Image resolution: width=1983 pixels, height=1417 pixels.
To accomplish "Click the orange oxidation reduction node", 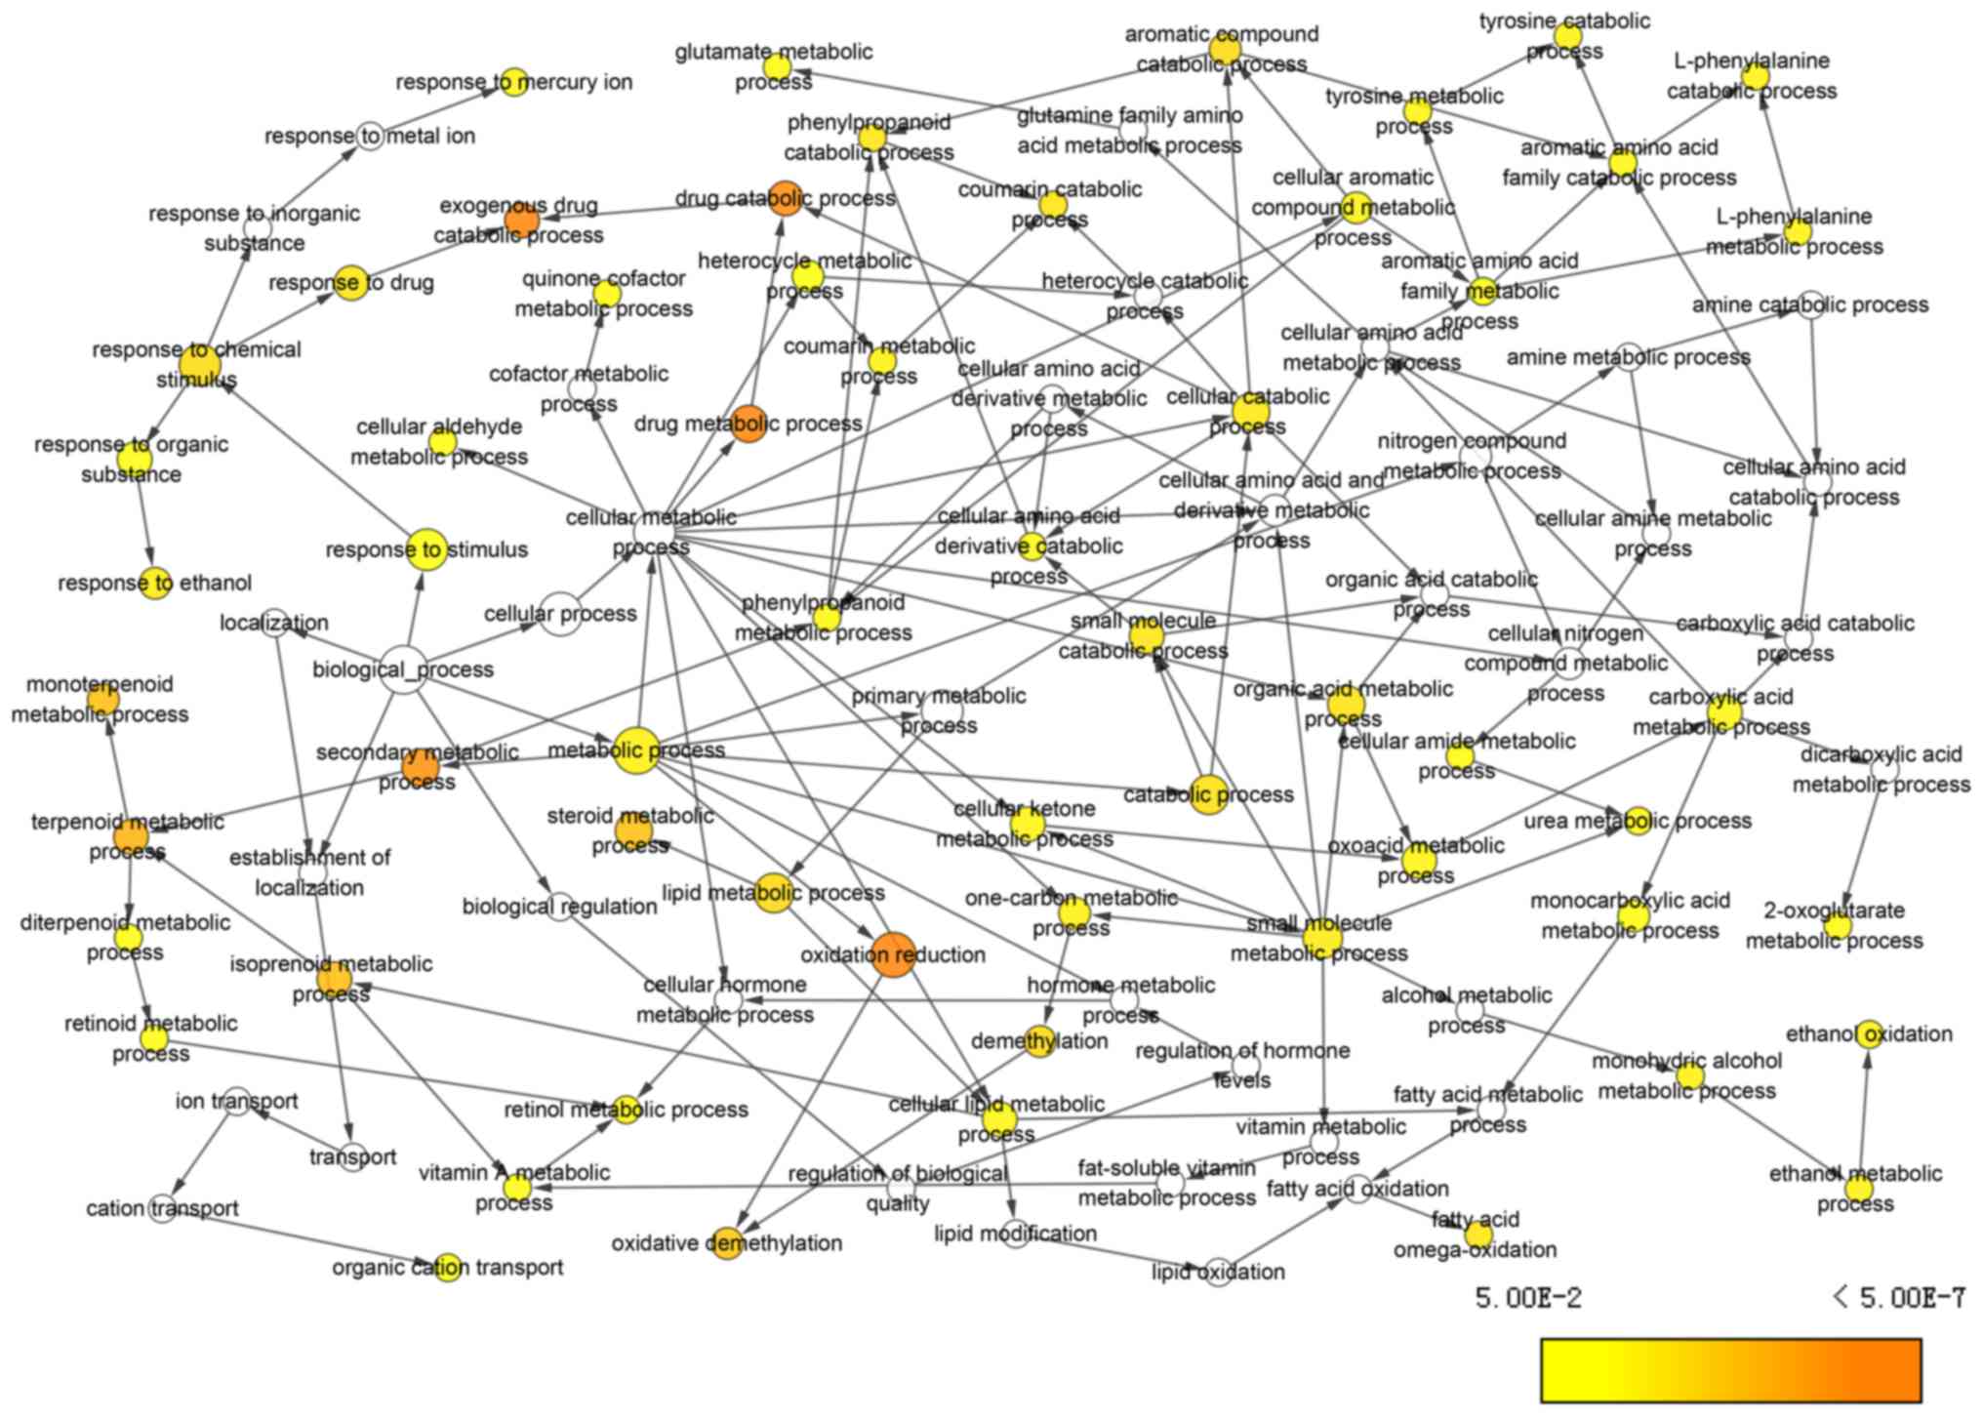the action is [x=892, y=954].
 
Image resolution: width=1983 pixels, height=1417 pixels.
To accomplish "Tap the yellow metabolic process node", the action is [x=636, y=750].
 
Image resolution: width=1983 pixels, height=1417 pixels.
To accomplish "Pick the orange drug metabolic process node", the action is [x=749, y=424].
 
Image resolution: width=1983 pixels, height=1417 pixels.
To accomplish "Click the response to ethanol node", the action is [x=155, y=584].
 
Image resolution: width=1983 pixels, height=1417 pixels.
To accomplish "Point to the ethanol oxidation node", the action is [x=1869, y=1034].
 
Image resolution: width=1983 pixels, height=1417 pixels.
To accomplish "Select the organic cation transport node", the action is [x=447, y=1268].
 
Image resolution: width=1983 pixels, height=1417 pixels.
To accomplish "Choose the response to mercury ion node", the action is [x=513, y=82].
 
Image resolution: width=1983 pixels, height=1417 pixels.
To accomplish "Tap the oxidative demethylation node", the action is [x=726, y=1243].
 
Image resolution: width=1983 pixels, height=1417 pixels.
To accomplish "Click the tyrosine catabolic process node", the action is [x=1567, y=36].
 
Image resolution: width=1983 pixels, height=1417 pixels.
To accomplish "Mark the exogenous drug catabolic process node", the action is [x=521, y=222].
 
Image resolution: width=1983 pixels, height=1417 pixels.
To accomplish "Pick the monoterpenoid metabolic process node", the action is [x=102, y=699].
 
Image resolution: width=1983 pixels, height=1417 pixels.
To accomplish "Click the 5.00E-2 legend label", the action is [x=1527, y=1298].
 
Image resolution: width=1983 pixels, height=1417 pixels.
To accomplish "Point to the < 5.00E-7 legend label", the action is [x=1898, y=1298].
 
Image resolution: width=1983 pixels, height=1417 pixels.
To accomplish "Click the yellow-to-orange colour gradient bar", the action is [x=1730, y=1370].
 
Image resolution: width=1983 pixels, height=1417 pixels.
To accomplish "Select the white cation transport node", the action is [x=163, y=1208].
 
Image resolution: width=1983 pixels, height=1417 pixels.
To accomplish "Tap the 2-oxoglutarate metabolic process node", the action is [x=1837, y=925].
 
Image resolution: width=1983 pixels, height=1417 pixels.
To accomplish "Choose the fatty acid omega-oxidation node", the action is [x=1477, y=1235].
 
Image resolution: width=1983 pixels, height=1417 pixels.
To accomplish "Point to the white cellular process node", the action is [x=560, y=614].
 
